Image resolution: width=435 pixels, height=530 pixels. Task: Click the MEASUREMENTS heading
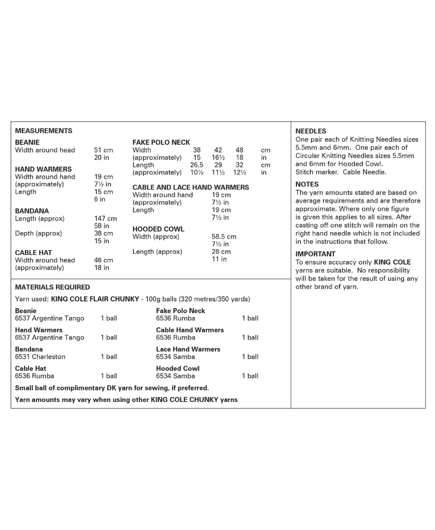pyautogui.click(x=43, y=131)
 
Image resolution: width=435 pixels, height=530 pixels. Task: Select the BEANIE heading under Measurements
pyautogui.click(x=27, y=142)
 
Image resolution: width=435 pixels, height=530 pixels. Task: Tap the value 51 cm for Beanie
pyautogui.click(x=103, y=150)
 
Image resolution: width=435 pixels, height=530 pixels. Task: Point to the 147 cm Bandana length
pyautogui.click(x=105, y=218)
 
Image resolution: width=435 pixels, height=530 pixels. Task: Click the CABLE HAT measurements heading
pyautogui.click(x=34, y=253)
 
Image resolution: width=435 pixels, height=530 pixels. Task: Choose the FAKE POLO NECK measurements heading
pyautogui.click(x=161, y=142)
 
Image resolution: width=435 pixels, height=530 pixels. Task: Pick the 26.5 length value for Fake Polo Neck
pyautogui.click(x=196, y=165)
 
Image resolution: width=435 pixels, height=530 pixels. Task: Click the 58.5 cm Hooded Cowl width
pyautogui.click(x=223, y=237)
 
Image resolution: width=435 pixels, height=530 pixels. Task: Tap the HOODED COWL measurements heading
pyautogui.click(x=158, y=229)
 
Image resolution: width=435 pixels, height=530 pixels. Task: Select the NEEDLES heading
pyautogui.click(x=310, y=131)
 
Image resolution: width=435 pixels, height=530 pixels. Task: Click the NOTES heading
pyautogui.click(x=307, y=184)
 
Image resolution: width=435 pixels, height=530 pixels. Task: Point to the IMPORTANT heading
pyautogui.click(x=315, y=254)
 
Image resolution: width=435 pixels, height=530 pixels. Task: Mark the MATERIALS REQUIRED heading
pyautogui.click(x=52, y=287)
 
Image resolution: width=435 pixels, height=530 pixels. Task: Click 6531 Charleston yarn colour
pyautogui.click(x=40, y=357)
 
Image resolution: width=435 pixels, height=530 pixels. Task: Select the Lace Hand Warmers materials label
pyautogui.click(x=188, y=349)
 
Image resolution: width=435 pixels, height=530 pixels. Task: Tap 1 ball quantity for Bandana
pyautogui.click(x=109, y=357)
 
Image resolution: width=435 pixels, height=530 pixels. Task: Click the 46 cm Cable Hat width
pyautogui.click(x=103, y=260)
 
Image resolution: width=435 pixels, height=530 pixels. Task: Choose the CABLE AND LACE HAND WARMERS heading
pyautogui.click(x=190, y=187)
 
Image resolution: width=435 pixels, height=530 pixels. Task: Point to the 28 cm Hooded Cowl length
pyautogui.click(x=221, y=252)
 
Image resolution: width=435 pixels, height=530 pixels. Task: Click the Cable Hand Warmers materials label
pyautogui.click(x=190, y=330)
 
